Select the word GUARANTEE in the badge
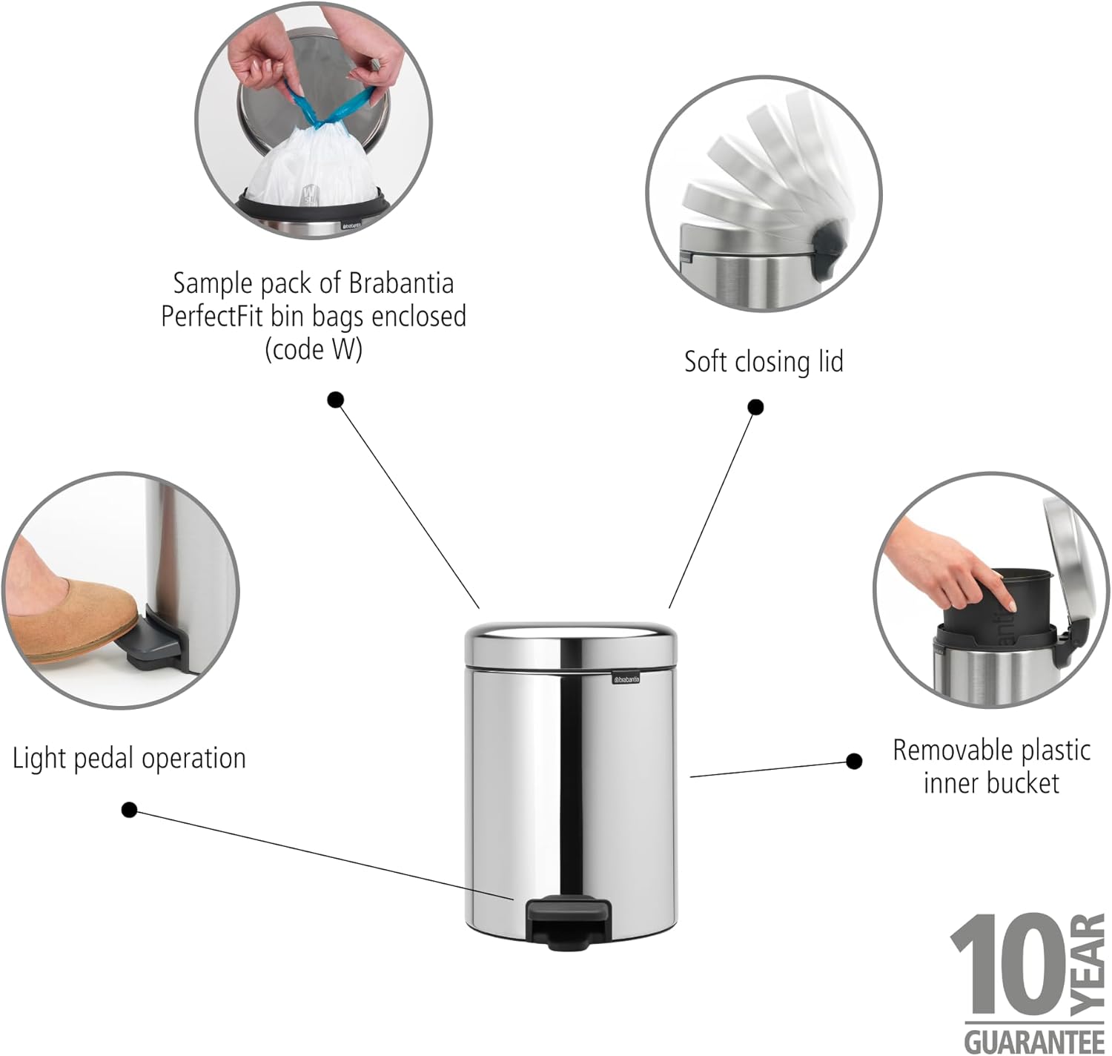(1034, 1040)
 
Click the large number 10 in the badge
(1010, 973)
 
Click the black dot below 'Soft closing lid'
(755, 407)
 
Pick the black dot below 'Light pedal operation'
(129, 810)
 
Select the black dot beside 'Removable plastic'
(854, 761)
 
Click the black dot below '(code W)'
(335, 400)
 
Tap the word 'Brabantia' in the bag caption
(401, 283)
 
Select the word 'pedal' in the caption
(105, 759)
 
